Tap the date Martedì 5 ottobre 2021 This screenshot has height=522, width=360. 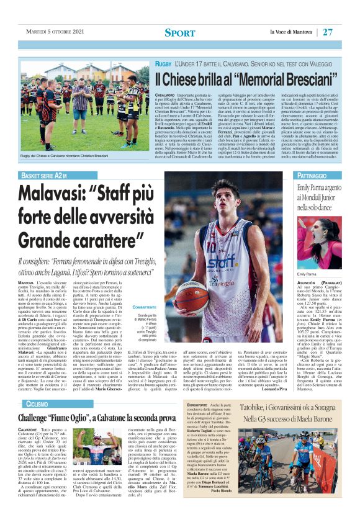click(55, 32)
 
